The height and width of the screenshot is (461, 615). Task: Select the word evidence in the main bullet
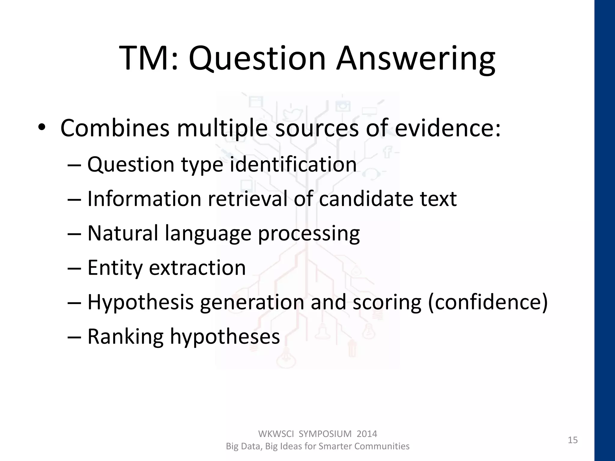[x=447, y=128]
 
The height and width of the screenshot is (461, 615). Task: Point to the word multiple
[x=222, y=128]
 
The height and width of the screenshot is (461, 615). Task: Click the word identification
[x=293, y=164]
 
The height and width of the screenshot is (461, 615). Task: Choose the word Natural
[x=123, y=233]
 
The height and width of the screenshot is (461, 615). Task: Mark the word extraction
[x=197, y=268]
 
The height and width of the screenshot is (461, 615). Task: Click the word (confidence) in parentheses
[x=488, y=302]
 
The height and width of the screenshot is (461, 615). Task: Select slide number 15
[x=573, y=440]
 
